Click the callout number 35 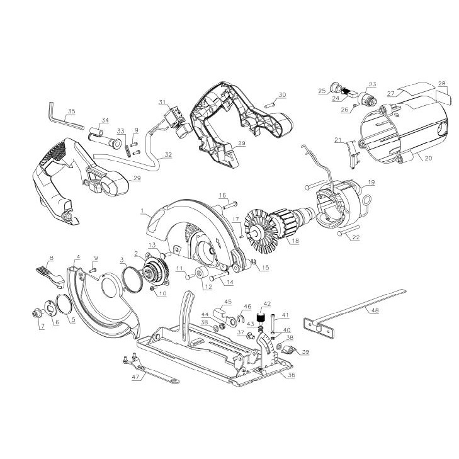coord(71,111)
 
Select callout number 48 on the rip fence coord(375,310)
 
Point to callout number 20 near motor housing coord(428,158)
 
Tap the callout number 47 coord(135,377)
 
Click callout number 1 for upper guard coord(142,210)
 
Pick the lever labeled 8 coord(50,275)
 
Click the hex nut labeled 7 coord(37,314)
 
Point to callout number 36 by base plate coord(292,375)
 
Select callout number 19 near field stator coord(371,182)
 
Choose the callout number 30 coord(282,95)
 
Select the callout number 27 coord(391,93)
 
